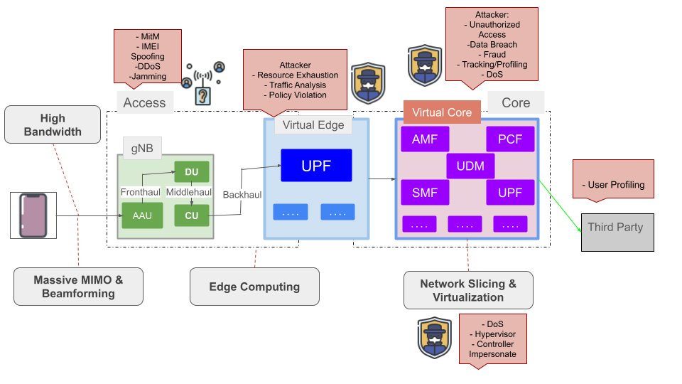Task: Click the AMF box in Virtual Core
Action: coord(425,139)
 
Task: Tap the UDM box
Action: coord(470,166)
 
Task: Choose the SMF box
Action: coord(425,192)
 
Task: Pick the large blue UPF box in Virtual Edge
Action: coord(316,166)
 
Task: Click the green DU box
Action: coord(191,172)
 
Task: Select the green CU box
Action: coord(191,215)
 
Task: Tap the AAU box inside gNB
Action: coord(141,215)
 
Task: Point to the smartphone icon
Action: coord(33,215)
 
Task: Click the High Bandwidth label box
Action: coord(53,124)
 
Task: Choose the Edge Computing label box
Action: coord(254,287)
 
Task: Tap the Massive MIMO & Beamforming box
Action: coord(78,287)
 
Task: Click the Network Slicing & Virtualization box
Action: coord(468,290)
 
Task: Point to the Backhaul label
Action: coord(242,194)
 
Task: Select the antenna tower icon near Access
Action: coord(203,84)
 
